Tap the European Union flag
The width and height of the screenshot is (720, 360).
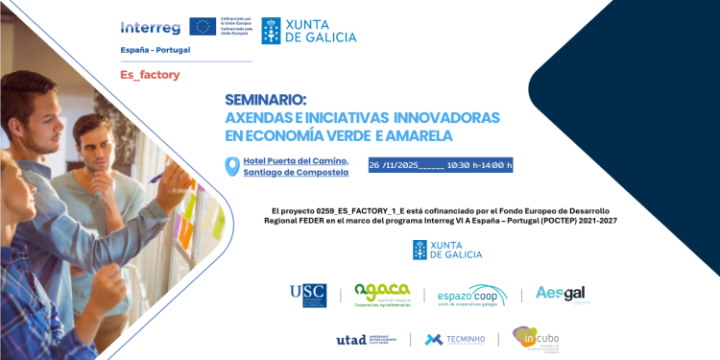(x=203, y=26)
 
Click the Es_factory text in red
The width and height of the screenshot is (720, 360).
(x=149, y=74)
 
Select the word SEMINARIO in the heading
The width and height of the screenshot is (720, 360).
(x=265, y=99)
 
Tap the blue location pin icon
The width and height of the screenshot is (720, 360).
(x=230, y=166)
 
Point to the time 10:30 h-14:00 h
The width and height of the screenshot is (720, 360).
(x=480, y=165)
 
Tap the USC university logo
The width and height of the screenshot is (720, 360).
(x=308, y=296)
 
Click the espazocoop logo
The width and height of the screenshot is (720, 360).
(x=472, y=296)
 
